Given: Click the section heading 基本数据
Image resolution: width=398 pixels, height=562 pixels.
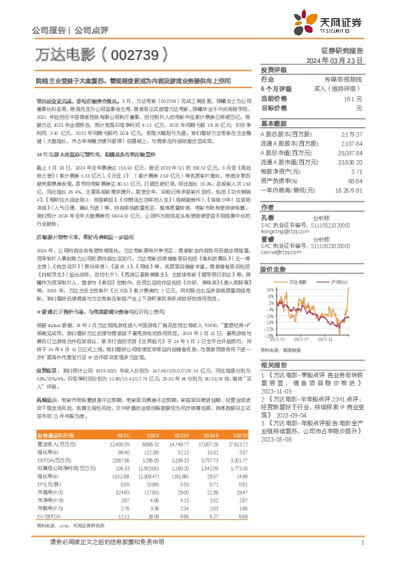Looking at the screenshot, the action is (x=273, y=123).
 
